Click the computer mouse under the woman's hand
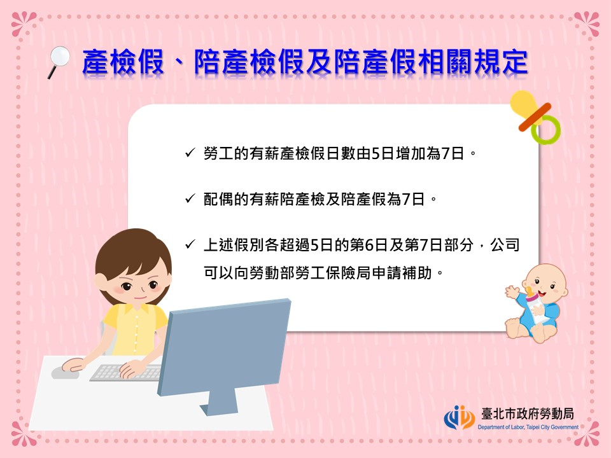[x=65, y=373]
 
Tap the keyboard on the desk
[x=125, y=373]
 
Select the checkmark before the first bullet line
[x=190, y=153]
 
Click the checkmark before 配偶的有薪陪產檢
[x=190, y=198]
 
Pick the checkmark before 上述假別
[x=190, y=244]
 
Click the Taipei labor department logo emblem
[x=460, y=417]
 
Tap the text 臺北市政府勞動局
[x=528, y=413]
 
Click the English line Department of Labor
[x=528, y=427]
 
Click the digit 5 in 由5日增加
[x=376, y=153]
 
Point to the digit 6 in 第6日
[x=369, y=245]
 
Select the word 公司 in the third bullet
[x=505, y=245]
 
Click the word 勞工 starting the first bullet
[x=218, y=153]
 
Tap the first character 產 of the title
[x=96, y=62]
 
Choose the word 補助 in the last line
[x=418, y=273]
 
